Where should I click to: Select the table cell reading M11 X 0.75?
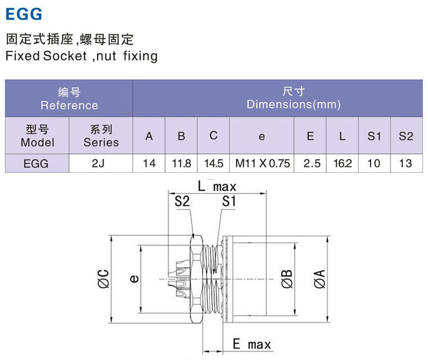pyautogui.click(x=262, y=164)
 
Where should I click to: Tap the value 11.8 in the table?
pyautogui.click(x=182, y=164)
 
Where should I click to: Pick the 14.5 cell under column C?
pyautogui.click(x=213, y=164)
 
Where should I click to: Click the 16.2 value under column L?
pyautogui.click(x=342, y=164)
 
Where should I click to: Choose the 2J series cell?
pyautogui.click(x=101, y=164)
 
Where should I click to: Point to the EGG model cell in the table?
pyautogui.click(x=36, y=164)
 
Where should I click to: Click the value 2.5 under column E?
pyautogui.click(x=310, y=164)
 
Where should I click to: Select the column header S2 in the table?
pyautogui.click(x=406, y=136)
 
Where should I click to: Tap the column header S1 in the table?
pyautogui.click(x=374, y=136)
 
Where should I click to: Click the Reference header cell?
pyautogui.click(x=69, y=99)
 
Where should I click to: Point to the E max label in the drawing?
pyautogui.click(x=252, y=345)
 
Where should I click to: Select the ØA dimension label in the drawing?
pyautogui.click(x=318, y=280)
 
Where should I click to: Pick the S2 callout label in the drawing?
pyautogui.click(x=182, y=201)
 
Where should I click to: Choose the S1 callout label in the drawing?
pyautogui.click(x=230, y=201)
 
